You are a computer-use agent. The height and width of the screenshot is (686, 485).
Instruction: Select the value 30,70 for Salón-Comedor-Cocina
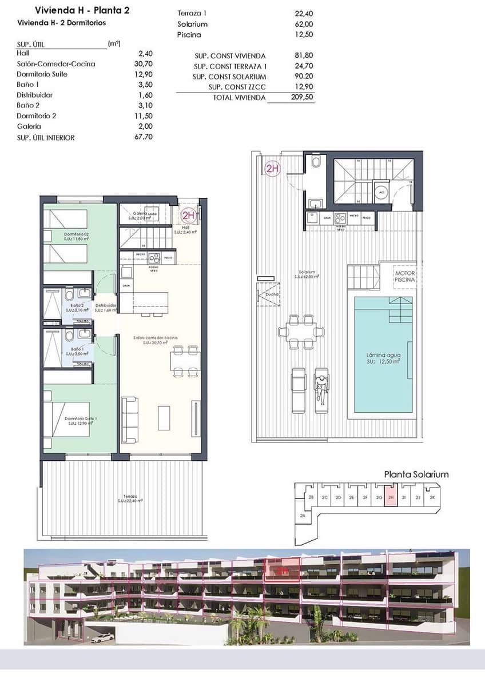click(x=142, y=64)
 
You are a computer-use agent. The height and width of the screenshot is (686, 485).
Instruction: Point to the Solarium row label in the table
click(x=193, y=24)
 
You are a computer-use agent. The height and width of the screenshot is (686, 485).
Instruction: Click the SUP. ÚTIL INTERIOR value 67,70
click(x=142, y=137)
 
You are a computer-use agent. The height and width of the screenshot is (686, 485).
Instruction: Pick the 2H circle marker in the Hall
click(x=189, y=216)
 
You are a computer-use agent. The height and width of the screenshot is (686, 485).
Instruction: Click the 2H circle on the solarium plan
click(x=272, y=169)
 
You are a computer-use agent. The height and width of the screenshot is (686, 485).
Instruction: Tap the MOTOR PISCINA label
click(x=405, y=277)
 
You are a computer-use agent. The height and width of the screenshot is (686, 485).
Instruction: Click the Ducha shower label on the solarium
click(x=272, y=294)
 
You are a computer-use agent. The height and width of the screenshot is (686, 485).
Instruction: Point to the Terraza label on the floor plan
click(x=130, y=496)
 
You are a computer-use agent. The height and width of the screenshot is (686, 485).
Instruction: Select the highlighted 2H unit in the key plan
click(x=390, y=497)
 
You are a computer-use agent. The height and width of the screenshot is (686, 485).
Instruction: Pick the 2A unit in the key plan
click(x=303, y=516)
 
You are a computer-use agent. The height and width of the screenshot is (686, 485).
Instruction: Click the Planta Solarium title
click(x=416, y=474)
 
